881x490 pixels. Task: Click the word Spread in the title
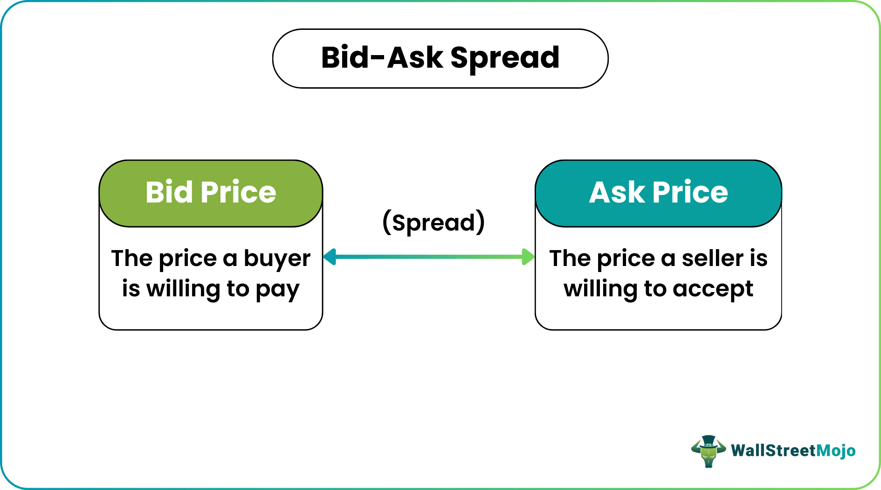(505, 58)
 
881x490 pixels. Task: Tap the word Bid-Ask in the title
(382, 58)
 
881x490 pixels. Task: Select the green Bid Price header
(211, 193)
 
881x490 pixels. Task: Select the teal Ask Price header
(658, 193)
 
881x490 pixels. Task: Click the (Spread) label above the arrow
(434, 223)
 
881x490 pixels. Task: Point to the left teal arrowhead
(330, 257)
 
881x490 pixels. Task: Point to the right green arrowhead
(528, 257)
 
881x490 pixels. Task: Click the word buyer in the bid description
(277, 259)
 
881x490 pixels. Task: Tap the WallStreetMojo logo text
(793, 450)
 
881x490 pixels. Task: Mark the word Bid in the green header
(169, 192)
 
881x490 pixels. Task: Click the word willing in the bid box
(183, 289)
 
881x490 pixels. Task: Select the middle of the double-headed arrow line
(429, 257)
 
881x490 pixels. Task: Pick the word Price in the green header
(238, 192)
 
